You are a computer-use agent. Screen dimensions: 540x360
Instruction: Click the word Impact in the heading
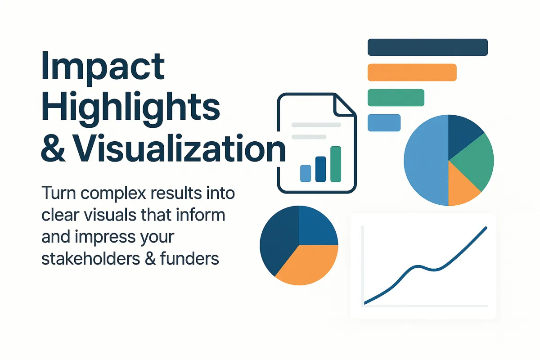(x=103, y=68)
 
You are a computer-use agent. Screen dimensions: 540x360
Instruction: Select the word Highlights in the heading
(x=130, y=109)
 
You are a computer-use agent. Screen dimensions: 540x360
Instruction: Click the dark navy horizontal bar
(x=427, y=47)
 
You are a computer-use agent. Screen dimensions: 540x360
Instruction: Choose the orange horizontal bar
(x=412, y=72)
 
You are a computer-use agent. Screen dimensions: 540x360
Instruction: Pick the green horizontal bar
(x=396, y=98)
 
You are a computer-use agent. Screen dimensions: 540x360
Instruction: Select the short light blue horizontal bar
(x=384, y=123)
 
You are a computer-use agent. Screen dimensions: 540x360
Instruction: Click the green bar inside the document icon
(x=336, y=164)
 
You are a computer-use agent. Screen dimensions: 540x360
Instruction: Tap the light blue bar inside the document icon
(x=306, y=173)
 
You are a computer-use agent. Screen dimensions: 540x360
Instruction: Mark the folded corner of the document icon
(x=344, y=105)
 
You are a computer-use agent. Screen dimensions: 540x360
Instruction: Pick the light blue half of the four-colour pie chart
(x=426, y=160)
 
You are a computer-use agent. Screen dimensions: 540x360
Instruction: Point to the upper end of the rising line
(x=486, y=228)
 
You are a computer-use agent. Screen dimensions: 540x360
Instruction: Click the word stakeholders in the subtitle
(x=90, y=258)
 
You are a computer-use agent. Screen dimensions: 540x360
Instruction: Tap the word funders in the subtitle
(x=189, y=258)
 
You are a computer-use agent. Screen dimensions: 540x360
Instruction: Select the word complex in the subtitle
(x=113, y=194)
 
